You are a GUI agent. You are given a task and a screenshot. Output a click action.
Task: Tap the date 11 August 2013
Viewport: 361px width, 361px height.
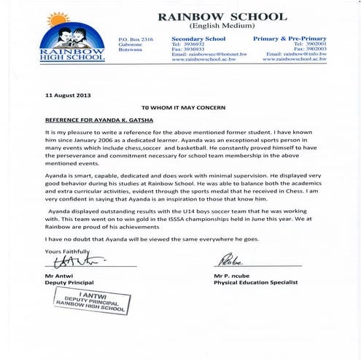[69, 96]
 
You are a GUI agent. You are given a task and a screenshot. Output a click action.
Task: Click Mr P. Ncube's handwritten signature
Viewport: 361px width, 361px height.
[227, 260]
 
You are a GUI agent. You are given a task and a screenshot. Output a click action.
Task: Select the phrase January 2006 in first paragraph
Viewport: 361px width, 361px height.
[106, 140]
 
